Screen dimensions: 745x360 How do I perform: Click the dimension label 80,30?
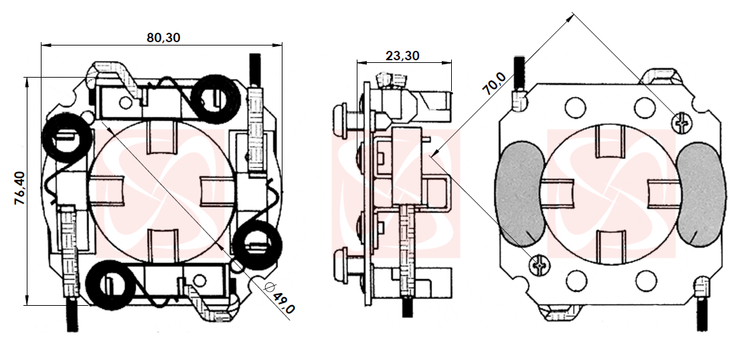163,37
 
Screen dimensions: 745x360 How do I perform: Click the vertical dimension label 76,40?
21,188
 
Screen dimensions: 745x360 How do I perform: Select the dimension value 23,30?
402,56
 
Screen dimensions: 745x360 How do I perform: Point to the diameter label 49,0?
281,299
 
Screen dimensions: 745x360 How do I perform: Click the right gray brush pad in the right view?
701,194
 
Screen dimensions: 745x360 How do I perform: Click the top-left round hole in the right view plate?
576,107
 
